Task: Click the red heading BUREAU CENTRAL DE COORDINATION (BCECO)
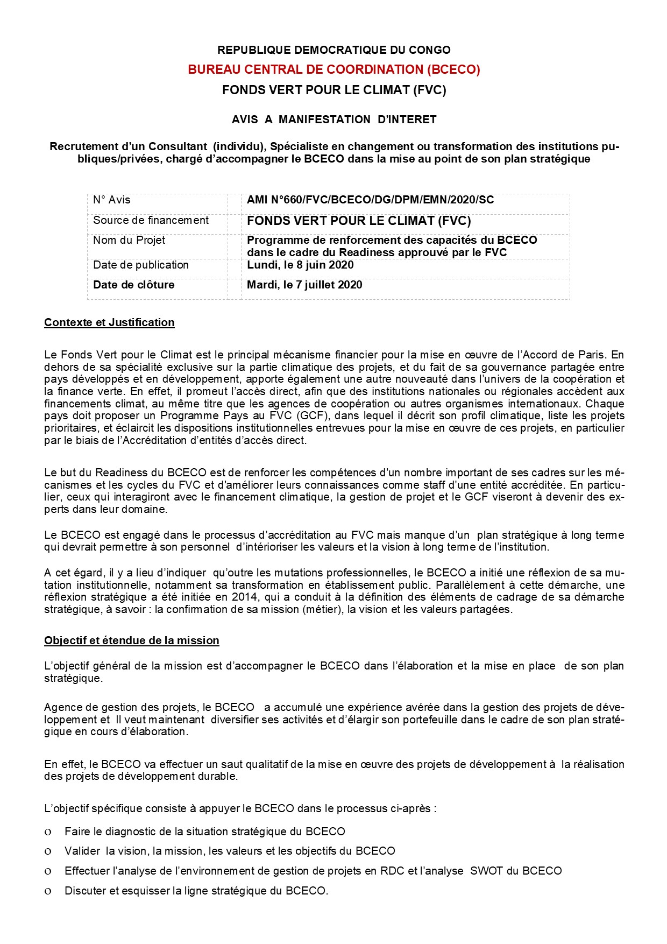(334, 69)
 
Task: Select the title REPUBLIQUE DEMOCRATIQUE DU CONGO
(334, 50)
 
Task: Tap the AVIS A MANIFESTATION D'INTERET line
(334, 119)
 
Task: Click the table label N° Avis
(111, 200)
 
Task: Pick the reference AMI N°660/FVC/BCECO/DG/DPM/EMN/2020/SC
(370, 200)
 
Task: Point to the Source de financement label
(151, 220)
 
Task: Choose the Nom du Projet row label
(129, 240)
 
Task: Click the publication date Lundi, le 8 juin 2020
(300, 265)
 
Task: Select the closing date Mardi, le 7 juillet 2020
(304, 285)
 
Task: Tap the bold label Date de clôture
(133, 285)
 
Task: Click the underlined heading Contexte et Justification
(109, 322)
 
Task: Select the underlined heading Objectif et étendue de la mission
(132, 640)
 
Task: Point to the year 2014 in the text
(244, 597)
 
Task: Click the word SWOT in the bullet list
(485, 871)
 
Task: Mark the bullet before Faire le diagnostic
(48, 832)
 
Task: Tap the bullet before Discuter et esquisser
(48, 891)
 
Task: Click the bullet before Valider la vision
(48, 851)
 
